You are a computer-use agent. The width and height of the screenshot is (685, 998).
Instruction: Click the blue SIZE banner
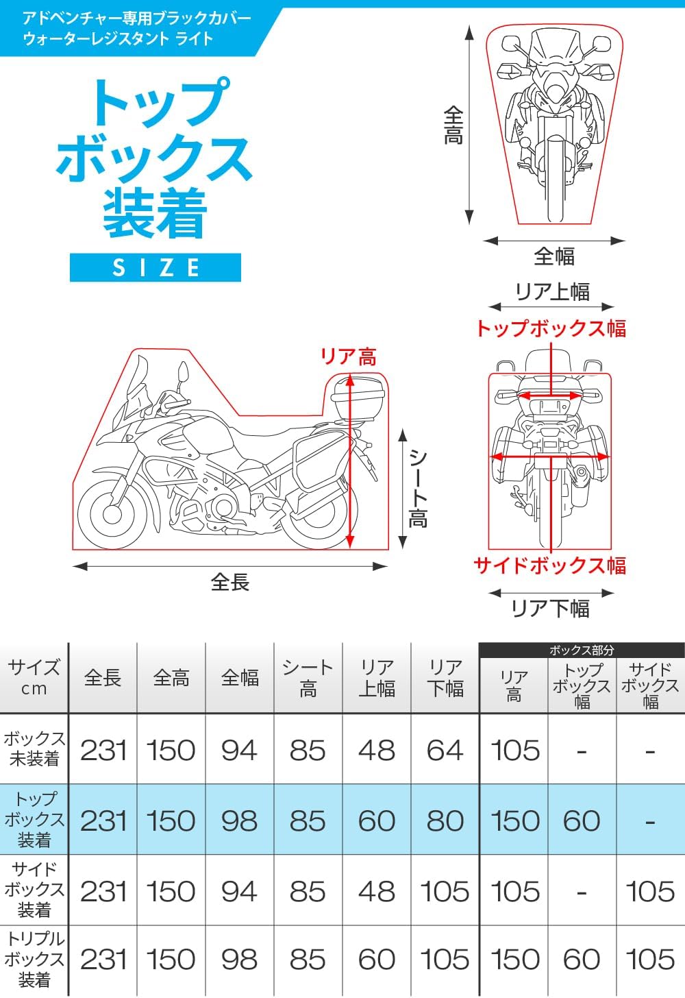(155, 267)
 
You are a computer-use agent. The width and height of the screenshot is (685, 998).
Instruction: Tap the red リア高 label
(348, 357)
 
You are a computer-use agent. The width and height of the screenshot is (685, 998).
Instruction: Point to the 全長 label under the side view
(230, 583)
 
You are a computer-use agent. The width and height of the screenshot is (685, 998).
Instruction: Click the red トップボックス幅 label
(551, 328)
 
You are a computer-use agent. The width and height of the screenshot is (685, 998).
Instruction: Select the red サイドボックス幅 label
(550, 565)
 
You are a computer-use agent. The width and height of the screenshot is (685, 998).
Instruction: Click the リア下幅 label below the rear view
(551, 608)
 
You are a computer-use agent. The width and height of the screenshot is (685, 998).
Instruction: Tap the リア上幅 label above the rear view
(552, 291)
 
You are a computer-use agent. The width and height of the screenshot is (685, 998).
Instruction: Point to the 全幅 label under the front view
(553, 256)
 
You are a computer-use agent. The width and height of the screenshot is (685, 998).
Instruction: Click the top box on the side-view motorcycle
(358, 399)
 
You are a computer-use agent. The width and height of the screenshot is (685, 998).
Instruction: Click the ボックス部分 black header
(582, 650)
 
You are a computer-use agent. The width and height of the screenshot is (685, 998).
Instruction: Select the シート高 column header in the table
(308, 679)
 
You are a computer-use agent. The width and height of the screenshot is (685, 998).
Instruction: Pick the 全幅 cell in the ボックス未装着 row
(239, 751)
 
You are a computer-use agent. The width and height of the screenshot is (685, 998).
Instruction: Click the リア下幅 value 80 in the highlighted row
(445, 820)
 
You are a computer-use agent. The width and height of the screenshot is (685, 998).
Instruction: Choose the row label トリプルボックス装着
(34, 959)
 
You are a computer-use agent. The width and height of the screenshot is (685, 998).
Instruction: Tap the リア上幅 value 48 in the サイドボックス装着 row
(376, 891)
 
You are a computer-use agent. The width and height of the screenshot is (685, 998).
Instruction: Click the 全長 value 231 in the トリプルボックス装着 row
(103, 960)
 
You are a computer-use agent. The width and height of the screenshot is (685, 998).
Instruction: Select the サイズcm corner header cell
(34, 678)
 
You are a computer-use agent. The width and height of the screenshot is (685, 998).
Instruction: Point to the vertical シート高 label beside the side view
(418, 487)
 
